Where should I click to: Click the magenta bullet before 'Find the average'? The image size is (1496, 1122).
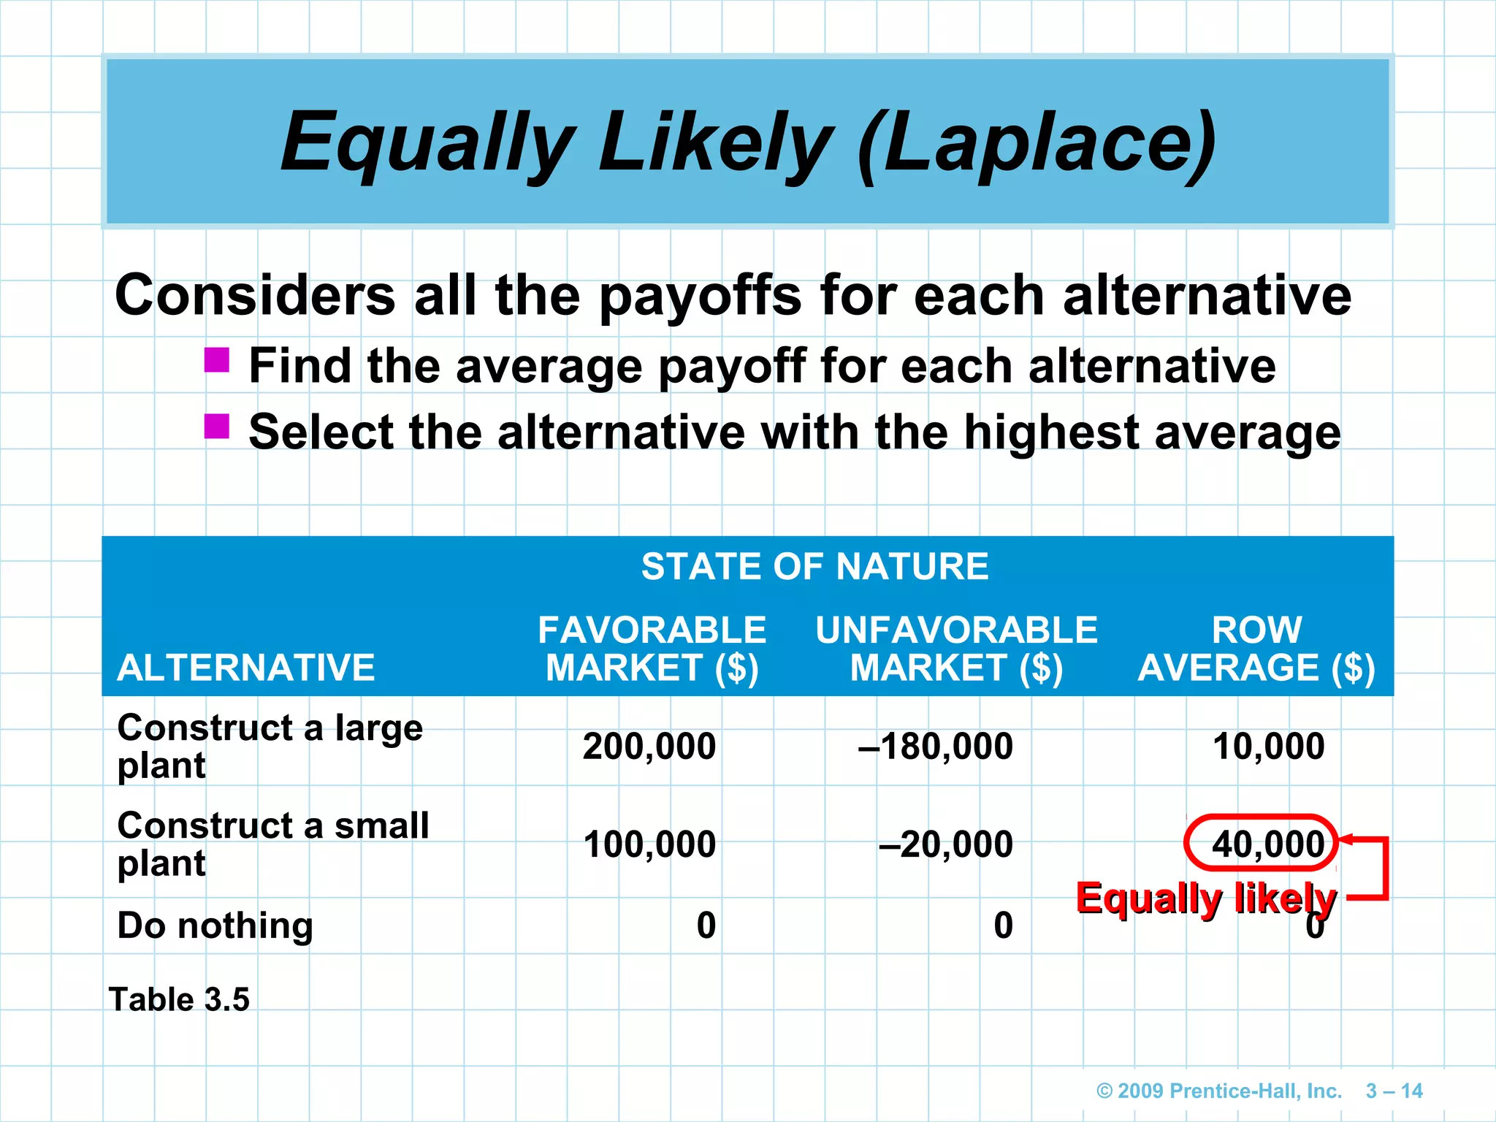coord(217,360)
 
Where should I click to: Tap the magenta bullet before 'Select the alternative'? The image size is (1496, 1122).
coord(217,426)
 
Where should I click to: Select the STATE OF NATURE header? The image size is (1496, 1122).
coord(814,567)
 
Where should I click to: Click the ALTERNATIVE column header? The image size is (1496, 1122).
coord(246,668)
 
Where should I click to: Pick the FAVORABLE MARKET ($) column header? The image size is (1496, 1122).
coord(652,649)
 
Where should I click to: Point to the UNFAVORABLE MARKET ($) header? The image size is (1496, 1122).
coord(956,649)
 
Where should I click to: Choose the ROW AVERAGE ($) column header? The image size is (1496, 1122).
coord(1256,649)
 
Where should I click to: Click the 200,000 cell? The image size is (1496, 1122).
coord(649,747)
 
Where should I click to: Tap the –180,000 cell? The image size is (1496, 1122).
coord(936,747)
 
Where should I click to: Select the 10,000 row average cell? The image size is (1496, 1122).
coord(1268,747)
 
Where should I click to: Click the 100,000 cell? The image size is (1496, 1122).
coord(649,844)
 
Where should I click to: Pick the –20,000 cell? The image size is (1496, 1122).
coord(946,844)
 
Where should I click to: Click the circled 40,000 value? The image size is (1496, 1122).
coord(1267,844)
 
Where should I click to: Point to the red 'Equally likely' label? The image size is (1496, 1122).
coord(1205,898)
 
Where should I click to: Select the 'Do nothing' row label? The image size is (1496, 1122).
coord(215,926)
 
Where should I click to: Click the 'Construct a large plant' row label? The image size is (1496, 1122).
coord(270,746)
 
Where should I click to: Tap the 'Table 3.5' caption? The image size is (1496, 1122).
coord(179,999)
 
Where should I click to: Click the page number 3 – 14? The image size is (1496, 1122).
coord(1394,1091)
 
